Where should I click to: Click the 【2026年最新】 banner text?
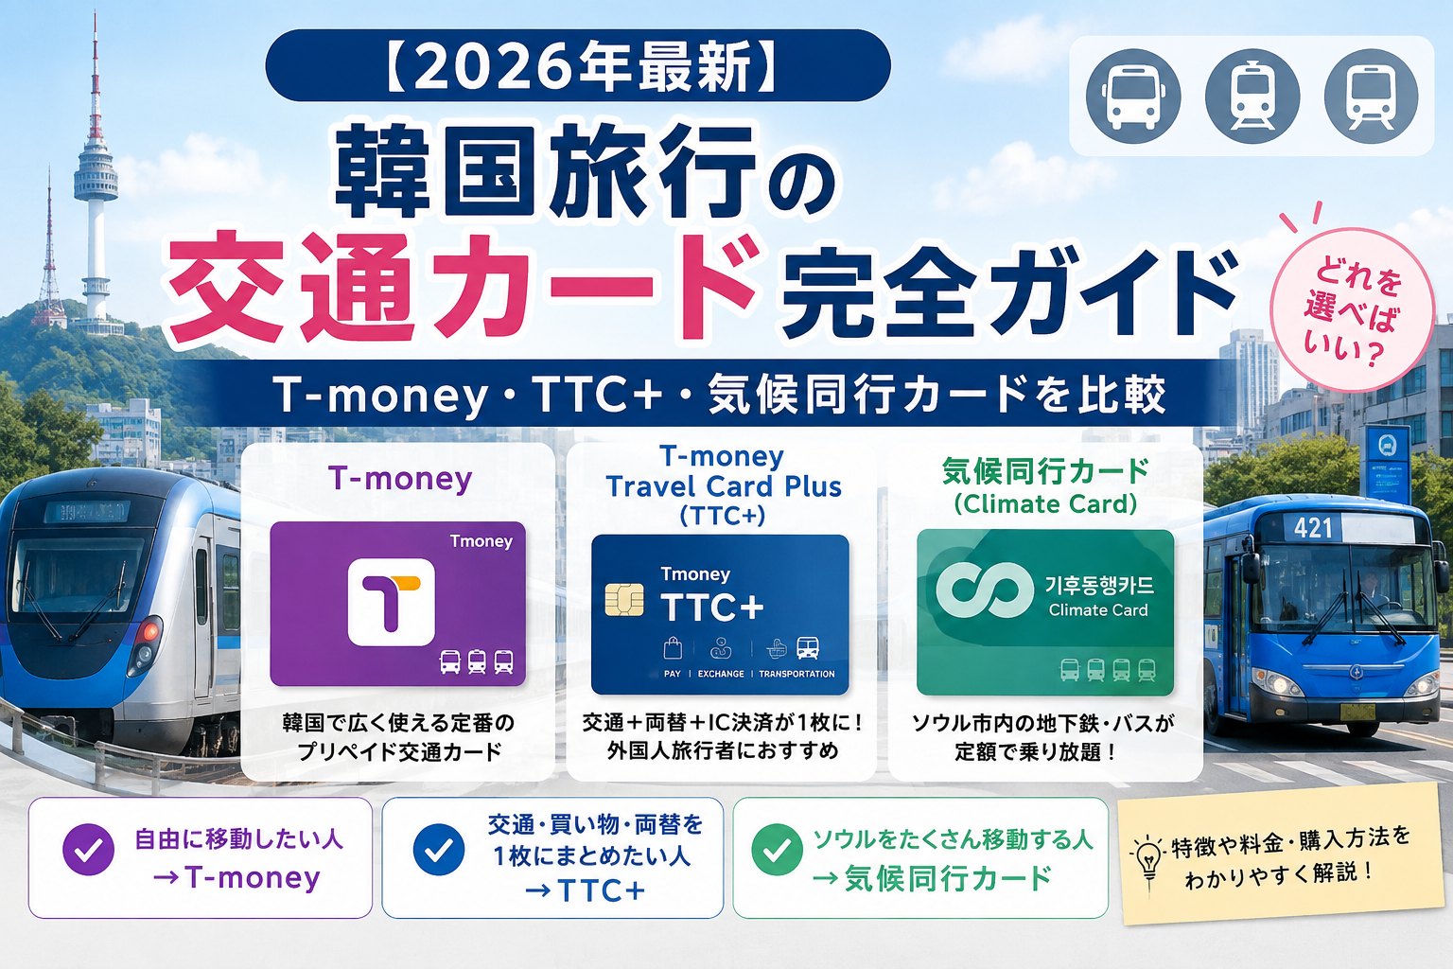[578, 65]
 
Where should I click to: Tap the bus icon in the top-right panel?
[1133, 97]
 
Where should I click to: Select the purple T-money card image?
[397, 604]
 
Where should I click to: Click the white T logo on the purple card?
[391, 602]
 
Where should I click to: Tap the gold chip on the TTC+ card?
[624, 599]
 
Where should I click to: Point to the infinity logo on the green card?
[984, 590]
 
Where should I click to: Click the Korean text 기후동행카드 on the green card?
[1099, 586]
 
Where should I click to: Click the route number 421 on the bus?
[1313, 528]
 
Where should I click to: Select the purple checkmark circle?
[89, 850]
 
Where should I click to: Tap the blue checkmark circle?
[439, 850]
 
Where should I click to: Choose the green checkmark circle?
[777, 850]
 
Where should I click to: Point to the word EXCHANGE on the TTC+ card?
[721, 674]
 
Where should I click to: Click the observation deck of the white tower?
[96, 174]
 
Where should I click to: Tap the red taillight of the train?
[151, 631]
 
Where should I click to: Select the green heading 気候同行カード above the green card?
[1045, 472]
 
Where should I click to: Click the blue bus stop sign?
[1388, 463]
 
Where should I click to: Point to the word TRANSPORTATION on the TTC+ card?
[797, 674]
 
